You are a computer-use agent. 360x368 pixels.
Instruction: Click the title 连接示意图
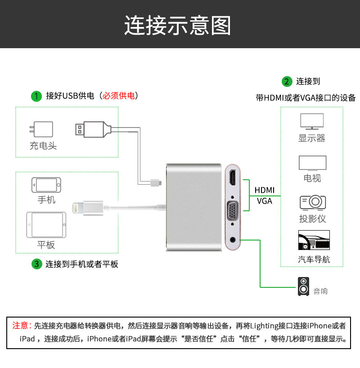tap(177, 25)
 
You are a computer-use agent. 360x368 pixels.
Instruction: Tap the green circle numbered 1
tap(36, 96)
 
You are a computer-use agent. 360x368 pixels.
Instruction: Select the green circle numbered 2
tap(286, 82)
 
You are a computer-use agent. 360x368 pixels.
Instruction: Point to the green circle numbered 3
tap(36, 264)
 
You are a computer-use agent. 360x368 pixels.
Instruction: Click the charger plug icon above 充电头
tap(41, 130)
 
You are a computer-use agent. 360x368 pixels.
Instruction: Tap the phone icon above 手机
tap(46, 185)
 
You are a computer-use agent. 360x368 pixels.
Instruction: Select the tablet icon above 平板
tap(46, 225)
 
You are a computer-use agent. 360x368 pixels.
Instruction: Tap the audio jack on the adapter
tap(233, 239)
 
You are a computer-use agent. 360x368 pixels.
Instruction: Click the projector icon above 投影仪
tap(312, 202)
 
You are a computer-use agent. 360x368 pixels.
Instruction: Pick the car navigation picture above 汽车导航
tap(314, 241)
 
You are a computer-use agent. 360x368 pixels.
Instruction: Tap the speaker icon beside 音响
tap(304, 286)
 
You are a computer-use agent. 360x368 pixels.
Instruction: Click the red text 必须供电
tap(119, 95)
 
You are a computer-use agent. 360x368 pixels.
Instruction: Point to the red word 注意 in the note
tap(20, 325)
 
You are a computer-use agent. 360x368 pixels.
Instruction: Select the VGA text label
tap(265, 201)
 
